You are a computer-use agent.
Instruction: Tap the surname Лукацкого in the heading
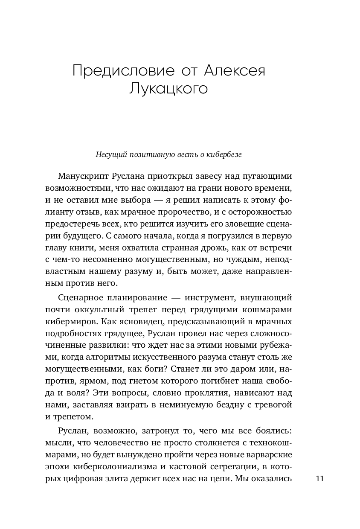click(x=168, y=90)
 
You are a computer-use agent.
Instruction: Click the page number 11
click(x=320, y=479)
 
